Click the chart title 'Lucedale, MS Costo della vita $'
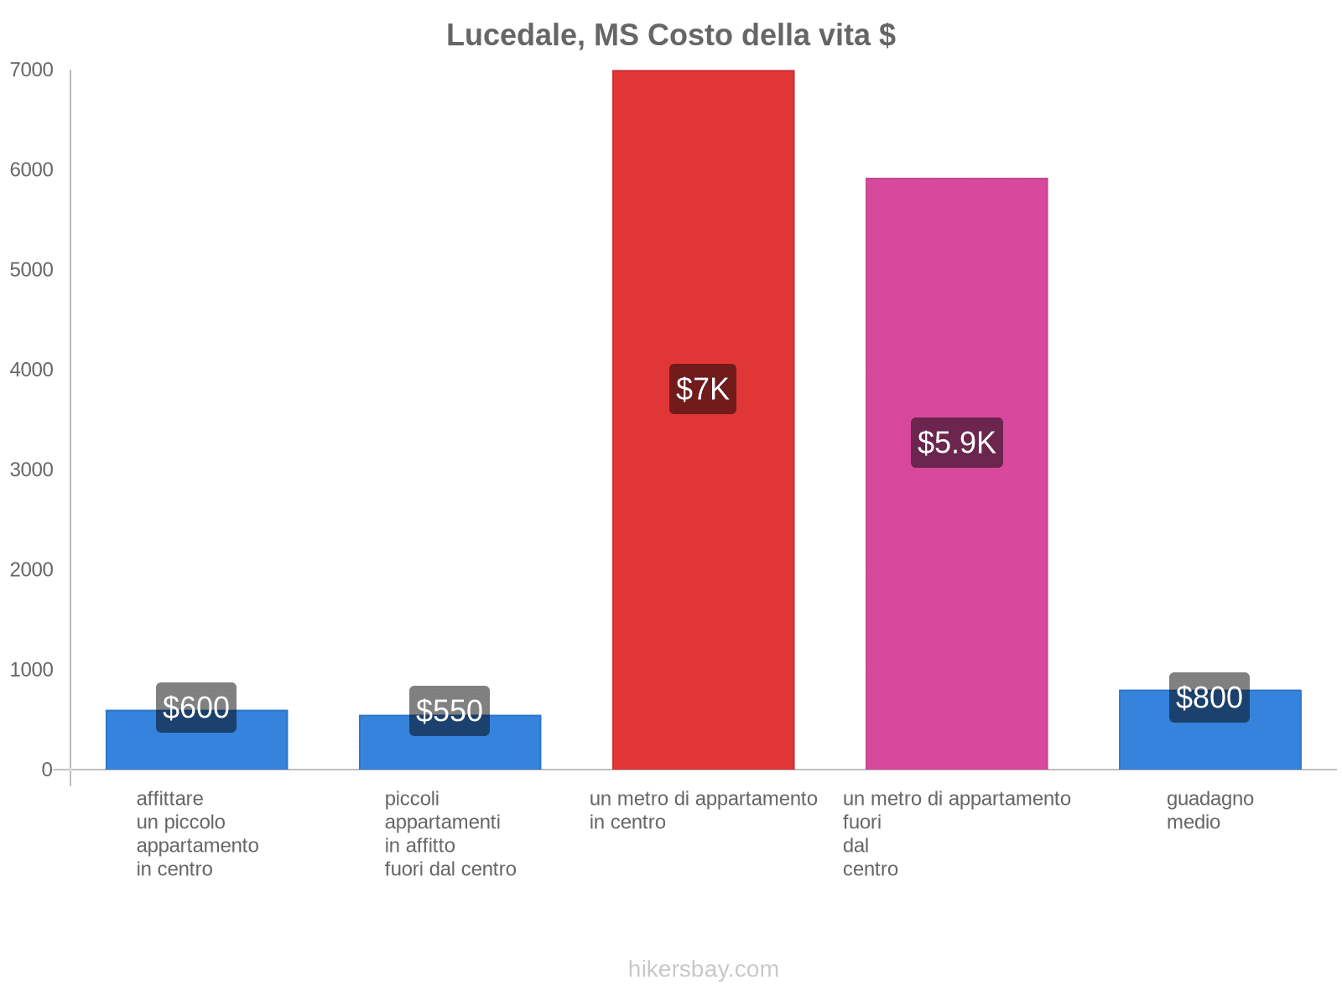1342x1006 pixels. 670,35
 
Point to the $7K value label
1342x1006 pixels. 703,389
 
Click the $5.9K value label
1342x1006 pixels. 956,443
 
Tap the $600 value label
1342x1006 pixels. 196,708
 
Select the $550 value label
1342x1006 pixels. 450,711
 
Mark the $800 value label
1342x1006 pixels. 1209,697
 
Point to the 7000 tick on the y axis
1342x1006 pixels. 32,70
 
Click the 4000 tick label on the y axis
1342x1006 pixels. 32,370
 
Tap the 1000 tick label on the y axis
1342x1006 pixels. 32,670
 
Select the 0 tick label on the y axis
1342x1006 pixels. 47,770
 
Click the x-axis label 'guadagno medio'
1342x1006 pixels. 1209,810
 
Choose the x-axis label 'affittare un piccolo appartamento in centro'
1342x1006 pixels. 197,833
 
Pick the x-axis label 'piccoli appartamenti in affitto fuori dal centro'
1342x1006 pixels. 450,833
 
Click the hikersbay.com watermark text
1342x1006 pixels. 703,969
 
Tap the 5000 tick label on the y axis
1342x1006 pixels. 32,270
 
